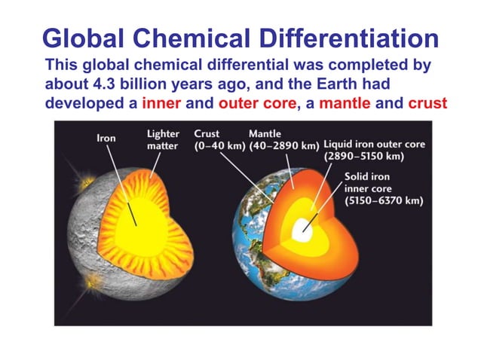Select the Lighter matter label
point(163,139)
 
